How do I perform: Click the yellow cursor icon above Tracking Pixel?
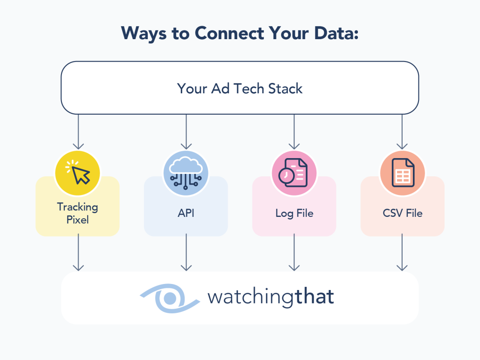pyautogui.click(x=78, y=173)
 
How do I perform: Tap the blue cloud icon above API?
pyautogui.click(x=186, y=173)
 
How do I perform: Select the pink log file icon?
pyautogui.click(x=294, y=173)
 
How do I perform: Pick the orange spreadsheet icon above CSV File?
pyautogui.click(x=402, y=173)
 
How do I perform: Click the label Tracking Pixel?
pyautogui.click(x=78, y=213)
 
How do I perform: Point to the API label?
pyautogui.click(x=186, y=214)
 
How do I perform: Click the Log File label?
pyautogui.click(x=294, y=214)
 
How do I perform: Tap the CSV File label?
pyautogui.click(x=402, y=214)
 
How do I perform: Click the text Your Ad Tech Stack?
pyautogui.click(x=240, y=88)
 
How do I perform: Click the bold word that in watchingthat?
pyautogui.click(x=315, y=297)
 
